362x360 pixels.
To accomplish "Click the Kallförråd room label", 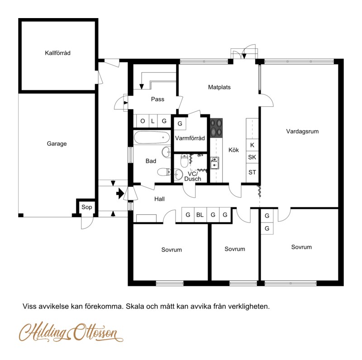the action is point(57,53).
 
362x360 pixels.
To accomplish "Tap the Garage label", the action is point(57,144).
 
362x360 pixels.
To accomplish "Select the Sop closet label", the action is point(86,207).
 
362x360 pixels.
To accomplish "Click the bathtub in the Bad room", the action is point(152,137).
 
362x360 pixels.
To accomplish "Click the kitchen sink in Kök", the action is point(214,163).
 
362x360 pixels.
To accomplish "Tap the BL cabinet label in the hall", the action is point(200,215).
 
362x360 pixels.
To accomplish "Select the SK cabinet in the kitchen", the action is point(252,157).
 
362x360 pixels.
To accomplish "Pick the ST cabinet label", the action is point(252,172).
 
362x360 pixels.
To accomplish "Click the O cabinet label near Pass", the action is point(143,121).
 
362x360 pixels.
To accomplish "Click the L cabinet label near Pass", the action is point(153,121).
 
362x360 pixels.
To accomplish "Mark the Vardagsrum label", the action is point(302,131).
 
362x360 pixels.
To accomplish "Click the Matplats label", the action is point(219,87).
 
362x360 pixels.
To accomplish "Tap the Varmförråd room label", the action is point(190,138).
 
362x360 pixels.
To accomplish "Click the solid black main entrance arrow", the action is point(120,194).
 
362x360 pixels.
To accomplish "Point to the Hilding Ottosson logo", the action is point(71,332).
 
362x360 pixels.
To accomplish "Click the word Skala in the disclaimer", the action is point(135,307).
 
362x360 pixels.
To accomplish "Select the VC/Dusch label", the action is point(193,176).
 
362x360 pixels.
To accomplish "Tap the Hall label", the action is point(160,199).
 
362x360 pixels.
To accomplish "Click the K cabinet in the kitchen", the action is point(252,145).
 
